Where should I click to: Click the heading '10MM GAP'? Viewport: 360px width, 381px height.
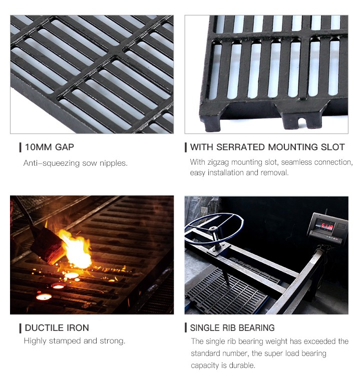coord(50,147)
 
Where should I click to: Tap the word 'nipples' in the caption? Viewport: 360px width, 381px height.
coord(113,163)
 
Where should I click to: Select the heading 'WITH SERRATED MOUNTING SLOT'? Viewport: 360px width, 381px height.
coord(267,147)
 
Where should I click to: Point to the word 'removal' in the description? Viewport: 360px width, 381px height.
coord(274,173)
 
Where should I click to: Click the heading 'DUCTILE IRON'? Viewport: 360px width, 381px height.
coord(57,328)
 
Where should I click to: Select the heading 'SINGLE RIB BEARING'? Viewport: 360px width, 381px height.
coord(232,328)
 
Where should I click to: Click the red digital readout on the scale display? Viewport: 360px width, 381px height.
coord(327,227)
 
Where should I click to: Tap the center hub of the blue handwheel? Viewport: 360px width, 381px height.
coord(213,229)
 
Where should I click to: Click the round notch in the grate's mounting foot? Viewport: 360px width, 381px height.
coord(301,121)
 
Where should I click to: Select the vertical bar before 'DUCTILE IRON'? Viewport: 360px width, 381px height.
coord(21,328)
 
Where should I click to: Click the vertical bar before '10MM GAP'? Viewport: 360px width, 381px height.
coord(21,147)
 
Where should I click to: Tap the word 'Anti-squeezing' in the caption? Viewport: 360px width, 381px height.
coord(52,163)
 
